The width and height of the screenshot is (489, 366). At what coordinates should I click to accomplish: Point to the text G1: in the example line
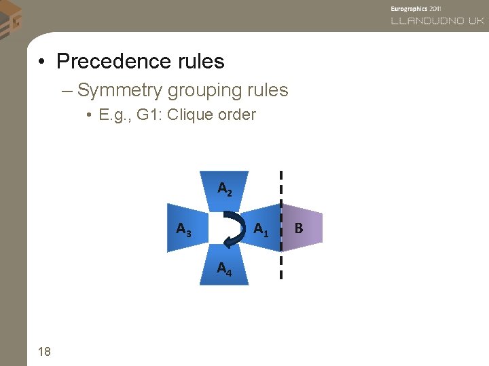pos(149,115)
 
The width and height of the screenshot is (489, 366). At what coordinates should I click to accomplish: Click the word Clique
pos(190,115)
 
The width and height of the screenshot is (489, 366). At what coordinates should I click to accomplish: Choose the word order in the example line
pos(237,115)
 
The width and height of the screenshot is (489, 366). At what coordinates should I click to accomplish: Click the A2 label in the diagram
pos(225,188)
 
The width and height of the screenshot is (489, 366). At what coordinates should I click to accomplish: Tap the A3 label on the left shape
pos(183,230)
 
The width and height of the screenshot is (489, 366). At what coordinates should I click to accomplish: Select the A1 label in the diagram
pos(261,230)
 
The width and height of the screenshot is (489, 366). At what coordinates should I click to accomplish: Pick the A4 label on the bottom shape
pos(224,269)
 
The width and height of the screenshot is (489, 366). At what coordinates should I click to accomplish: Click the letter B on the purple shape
pos(299,229)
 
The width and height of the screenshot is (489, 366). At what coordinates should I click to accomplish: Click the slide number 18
pos(45,350)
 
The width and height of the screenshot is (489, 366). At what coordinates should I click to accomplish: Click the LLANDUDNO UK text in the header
pos(437,21)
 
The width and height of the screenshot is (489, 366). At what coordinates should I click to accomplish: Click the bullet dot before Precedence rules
pos(42,62)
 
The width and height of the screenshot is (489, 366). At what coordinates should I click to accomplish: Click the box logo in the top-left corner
pos(10,18)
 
